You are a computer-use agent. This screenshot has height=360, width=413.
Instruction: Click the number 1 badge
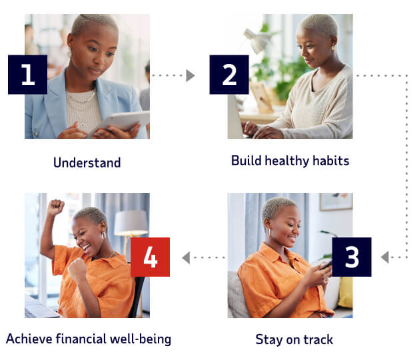click(27, 75)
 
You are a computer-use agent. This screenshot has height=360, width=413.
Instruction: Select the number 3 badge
click(351, 257)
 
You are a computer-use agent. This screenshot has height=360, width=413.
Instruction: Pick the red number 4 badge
click(150, 257)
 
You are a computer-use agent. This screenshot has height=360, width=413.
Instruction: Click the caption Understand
click(87, 162)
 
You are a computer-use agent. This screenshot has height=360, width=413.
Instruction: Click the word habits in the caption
click(330, 161)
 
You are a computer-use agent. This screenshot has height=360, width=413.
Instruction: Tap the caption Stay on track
click(294, 339)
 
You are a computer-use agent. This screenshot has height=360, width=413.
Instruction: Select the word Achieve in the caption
click(29, 339)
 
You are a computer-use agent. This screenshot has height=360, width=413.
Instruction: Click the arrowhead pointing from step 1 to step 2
click(191, 76)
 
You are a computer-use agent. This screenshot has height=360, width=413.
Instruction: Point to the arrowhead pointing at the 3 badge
click(385, 257)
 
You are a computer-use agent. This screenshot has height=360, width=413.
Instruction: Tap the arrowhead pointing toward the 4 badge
click(186, 257)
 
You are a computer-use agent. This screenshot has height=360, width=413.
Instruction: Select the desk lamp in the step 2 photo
click(256, 40)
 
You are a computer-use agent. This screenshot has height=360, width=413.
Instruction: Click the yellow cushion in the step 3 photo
click(345, 292)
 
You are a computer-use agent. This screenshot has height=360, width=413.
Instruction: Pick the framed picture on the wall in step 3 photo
click(336, 202)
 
